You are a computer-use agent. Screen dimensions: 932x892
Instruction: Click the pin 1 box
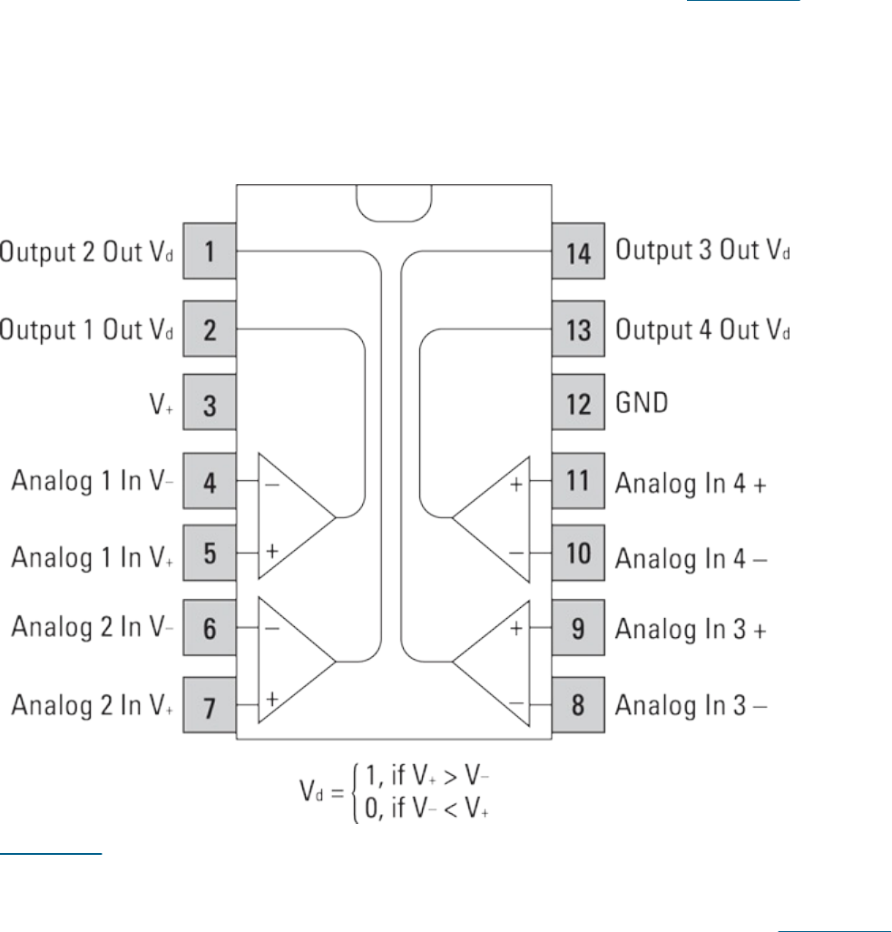210,250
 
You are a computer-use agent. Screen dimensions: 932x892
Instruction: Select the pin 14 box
578,250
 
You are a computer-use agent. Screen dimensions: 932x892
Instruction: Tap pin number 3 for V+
210,403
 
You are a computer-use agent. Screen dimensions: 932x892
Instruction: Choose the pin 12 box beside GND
578,403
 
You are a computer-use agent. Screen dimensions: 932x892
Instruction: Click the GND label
642,403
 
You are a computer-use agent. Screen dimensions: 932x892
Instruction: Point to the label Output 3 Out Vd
702,250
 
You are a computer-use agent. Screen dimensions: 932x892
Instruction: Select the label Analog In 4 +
691,483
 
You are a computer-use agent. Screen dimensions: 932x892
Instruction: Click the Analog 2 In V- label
92,627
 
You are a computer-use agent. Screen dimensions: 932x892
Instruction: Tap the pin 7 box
210,704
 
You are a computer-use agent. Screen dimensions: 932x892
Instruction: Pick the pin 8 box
578,704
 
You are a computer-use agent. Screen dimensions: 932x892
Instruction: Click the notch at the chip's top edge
394,202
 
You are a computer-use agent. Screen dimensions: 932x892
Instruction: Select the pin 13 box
578,329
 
